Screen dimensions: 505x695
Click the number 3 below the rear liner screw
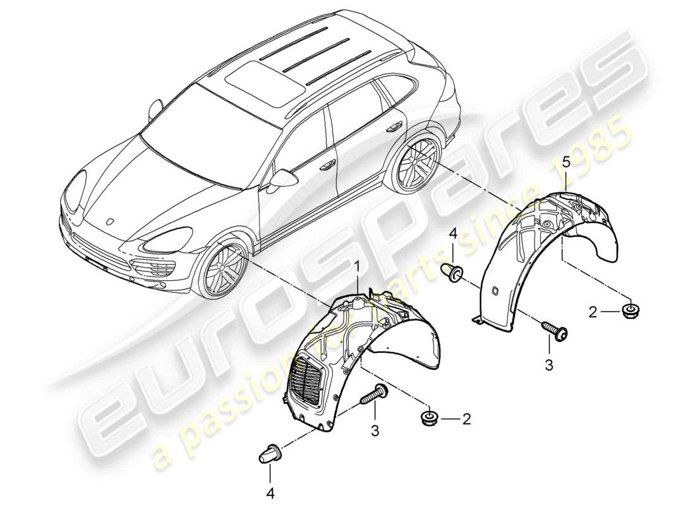tap(549, 365)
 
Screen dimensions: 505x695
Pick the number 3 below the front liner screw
tap(375, 431)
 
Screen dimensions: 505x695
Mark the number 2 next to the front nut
tap(467, 418)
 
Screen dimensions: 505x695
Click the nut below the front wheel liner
tap(430, 417)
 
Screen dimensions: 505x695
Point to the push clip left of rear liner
tap(453, 273)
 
